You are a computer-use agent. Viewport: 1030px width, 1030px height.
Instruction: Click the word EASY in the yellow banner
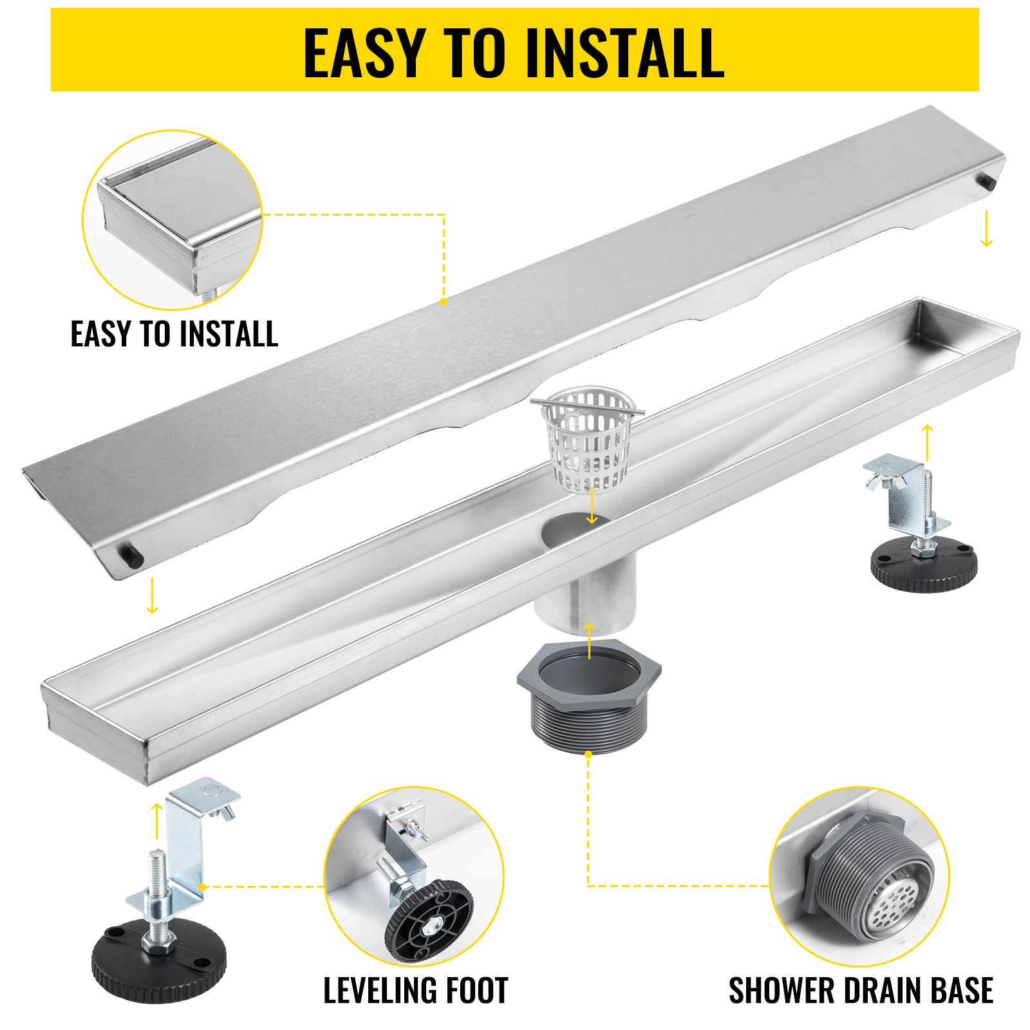point(364,53)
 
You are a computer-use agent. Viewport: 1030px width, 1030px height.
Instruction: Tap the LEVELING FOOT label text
point(415,990)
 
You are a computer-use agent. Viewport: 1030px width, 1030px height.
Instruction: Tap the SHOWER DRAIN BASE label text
point(861,990)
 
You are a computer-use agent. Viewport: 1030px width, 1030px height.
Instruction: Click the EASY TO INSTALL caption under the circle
point(174,333)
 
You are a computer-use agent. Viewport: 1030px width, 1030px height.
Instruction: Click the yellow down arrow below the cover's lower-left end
point(152,595)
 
